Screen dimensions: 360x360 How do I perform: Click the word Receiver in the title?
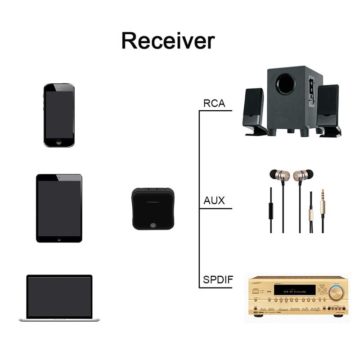click(168, 40)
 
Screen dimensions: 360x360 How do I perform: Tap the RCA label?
click(214, 103)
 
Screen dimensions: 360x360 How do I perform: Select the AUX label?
click(214, 201)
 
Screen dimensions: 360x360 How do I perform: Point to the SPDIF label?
click(218, 280)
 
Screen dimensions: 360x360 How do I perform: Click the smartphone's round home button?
click(59, 142)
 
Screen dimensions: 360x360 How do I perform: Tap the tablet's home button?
click(59, 239)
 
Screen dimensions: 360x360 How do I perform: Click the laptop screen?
click(59, 297)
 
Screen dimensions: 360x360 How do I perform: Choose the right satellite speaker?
click(328, 110)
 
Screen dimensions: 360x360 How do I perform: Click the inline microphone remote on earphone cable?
click(270, 209)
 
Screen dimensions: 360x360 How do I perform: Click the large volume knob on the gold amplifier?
click(335, 293)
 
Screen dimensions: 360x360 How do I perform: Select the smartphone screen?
click(59, 114)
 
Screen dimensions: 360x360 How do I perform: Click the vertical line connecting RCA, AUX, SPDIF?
click(199, 198)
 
